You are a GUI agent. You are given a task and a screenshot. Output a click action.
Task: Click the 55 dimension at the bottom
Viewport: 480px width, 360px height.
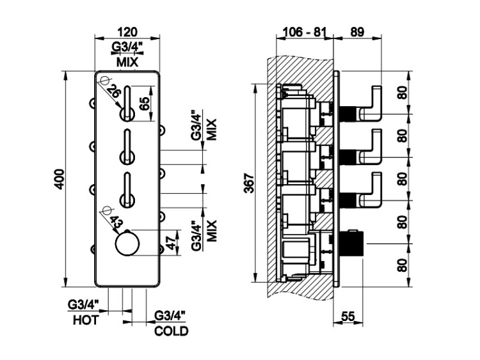(x=348, y=317)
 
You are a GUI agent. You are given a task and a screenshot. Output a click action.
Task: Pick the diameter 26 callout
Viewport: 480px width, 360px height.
(x=114, y=92)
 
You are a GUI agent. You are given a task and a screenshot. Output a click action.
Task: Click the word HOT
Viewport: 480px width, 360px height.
(x=85, y=320)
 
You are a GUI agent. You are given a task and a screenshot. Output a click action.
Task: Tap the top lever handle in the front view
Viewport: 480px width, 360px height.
(x=128, y=102)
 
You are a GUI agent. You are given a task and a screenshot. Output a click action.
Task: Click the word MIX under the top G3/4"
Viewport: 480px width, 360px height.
(x=127, y=62)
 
